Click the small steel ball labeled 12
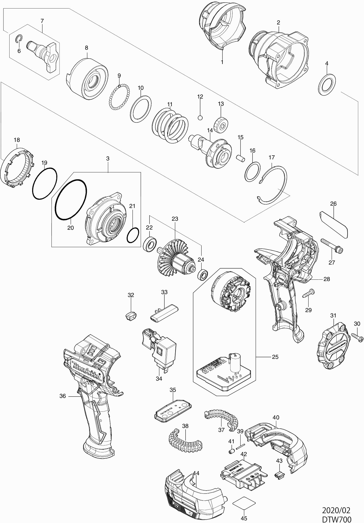point(200,117)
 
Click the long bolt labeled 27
point(332,245)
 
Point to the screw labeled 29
point(308,294)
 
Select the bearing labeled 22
point(150,244)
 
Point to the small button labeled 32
point(131,315)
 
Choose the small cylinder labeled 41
point(232,451)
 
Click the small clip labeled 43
point(278,474)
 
